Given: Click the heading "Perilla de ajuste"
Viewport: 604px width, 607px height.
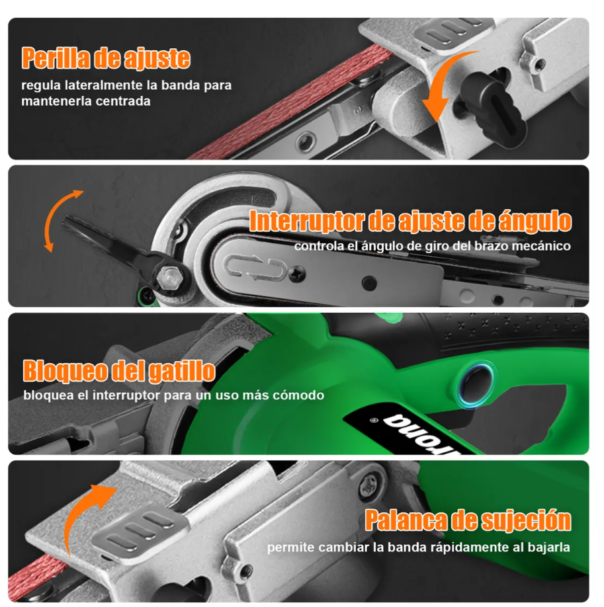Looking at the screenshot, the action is click(106, 58).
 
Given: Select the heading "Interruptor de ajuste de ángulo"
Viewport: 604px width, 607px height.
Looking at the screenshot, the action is click(410, 221).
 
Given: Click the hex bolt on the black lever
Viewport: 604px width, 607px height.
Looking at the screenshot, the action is click(170, 277).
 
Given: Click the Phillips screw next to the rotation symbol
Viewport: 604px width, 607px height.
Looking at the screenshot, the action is click(297, 274).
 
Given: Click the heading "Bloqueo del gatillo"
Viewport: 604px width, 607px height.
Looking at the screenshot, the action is click(119, 371).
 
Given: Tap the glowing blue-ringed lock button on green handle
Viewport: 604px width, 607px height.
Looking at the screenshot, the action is click(476, 384).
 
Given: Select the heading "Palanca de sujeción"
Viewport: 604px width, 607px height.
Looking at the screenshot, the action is click(468, 520).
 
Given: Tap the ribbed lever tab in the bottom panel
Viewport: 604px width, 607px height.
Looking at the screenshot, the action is click(140, 531).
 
